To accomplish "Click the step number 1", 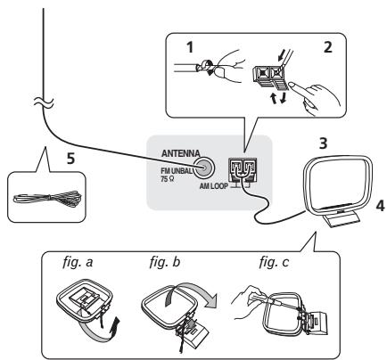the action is (190, 47).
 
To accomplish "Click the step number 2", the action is (327, 47).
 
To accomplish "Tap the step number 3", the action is (323, 143).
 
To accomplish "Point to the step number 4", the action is (380, 206).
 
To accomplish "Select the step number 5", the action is (70, 159).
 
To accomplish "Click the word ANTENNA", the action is (180, 153).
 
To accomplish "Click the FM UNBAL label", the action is (177, 171).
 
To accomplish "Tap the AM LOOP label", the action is (214, 186).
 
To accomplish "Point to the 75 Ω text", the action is (167, 179).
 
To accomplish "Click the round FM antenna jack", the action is (203, 168).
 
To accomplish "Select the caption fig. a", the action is (78, 262).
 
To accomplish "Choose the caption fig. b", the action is (165, 262).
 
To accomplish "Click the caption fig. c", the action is (274, 262).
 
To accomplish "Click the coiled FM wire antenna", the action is (47, 198).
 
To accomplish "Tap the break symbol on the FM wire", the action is (44, 102).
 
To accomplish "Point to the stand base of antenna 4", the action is (342, 219).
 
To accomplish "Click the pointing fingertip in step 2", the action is (292, 85).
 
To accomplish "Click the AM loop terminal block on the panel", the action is (242, 170).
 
